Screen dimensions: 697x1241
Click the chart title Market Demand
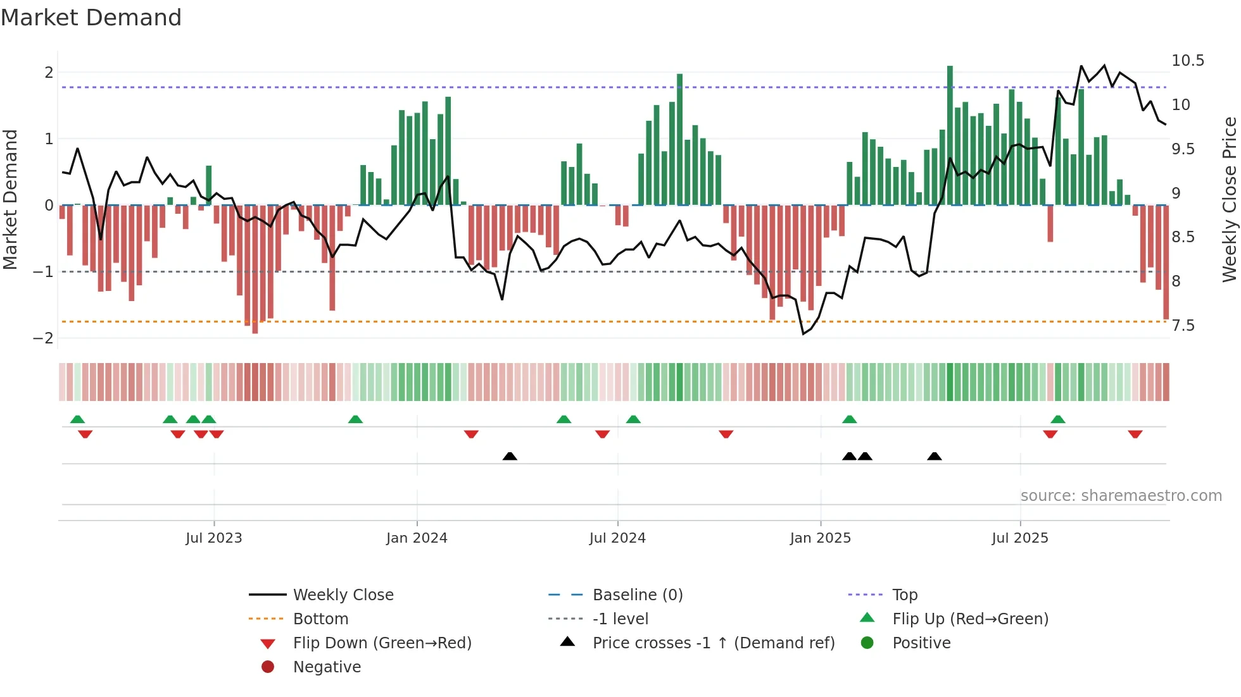click(91, 18)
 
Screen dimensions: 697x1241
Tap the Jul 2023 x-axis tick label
click(214, 538)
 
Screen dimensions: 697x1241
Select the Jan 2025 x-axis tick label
click(821, 538)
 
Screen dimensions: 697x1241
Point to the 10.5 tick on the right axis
click(1188, 61)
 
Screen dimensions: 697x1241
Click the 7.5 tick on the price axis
click(1183, 326)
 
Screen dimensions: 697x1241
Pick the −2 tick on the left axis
click(44, 338)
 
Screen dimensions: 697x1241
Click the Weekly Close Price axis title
click(1229, 199)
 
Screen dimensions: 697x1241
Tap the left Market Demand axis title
click(11, 199)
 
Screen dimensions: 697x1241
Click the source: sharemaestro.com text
click(1121, 495)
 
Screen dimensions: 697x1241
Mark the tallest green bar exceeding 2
click(950, 133)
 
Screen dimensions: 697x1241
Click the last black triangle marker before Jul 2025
click(935, 456)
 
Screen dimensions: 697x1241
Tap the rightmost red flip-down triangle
click(1135, 434)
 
